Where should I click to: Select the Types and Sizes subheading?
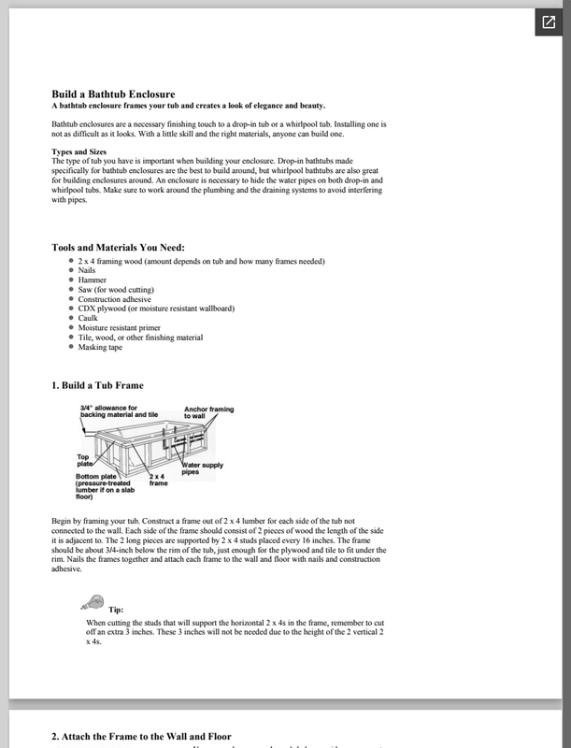click(79, 151)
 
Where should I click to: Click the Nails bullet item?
click(89, 270)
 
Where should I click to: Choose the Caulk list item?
click(89, 318)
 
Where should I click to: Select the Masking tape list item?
click(100, 347)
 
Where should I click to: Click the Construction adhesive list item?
click(115, 299)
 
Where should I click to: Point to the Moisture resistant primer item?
click(121, 328)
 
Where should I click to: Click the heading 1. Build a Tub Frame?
click(98, 384)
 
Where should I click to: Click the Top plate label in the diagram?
click(86, 461)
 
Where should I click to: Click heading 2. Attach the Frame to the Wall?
click(141, 737)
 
